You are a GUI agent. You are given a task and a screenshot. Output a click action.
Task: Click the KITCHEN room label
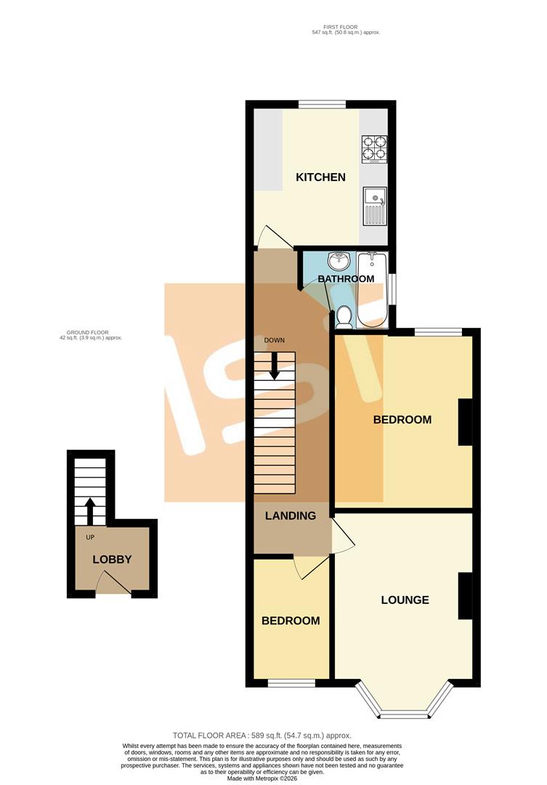[x=320, y=177]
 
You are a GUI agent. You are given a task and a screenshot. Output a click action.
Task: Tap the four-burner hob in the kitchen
[x=375, y=148]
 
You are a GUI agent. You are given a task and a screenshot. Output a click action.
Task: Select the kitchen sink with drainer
[x=376, y=206]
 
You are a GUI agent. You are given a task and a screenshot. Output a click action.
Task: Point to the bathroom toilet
[x=344, y=316]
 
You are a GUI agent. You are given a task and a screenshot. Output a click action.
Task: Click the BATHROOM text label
[x=346, y=279]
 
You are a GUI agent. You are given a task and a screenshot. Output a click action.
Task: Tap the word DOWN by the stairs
[x=274, y=340]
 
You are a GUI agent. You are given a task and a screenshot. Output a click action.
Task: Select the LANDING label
[x=291, y=516]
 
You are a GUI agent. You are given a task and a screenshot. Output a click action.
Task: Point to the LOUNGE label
[x=405, y=600]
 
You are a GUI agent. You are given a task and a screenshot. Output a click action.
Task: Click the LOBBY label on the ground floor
[x=112, y=560]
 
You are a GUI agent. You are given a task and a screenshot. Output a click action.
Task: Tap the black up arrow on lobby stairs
[x=90, y=511]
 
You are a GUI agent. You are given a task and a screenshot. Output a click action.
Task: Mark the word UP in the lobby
[x=91, y=538]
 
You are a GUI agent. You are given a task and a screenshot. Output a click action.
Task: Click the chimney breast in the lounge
[x=465, y=596]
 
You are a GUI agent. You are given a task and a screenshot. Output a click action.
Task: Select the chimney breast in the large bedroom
[x=465, y=422]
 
